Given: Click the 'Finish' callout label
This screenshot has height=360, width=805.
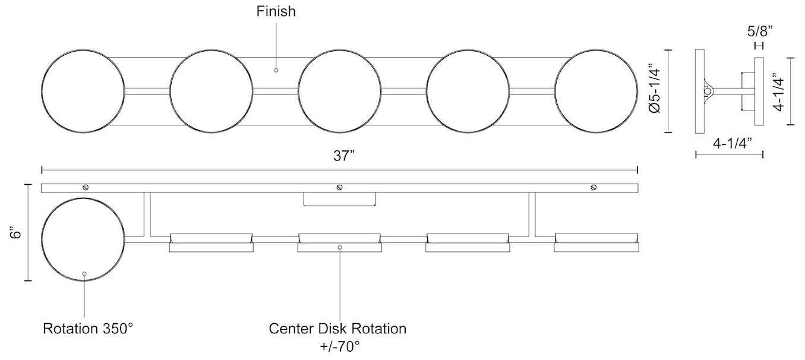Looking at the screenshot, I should [x=276, y=11].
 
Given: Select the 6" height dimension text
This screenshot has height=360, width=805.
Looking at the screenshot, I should [x=18, y=232].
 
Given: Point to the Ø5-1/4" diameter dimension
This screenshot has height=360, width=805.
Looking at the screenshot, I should [x=655, y=91].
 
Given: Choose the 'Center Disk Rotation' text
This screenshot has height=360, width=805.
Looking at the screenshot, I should [x=337, y=329].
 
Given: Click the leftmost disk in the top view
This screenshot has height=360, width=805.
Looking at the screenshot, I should [x=83, y=91].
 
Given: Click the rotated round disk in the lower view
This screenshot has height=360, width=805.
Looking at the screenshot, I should [x=83, y=241].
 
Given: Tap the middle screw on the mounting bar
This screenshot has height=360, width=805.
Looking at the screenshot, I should [x=339, y=188].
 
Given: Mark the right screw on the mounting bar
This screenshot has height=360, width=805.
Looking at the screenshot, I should [x=594, y=188].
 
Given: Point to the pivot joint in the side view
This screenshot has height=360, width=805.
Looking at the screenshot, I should [x=708, y=91].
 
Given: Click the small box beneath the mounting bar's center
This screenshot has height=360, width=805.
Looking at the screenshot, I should [x=339, y=199].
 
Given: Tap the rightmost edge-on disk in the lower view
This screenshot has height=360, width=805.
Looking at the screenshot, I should [x=596, y=242].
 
